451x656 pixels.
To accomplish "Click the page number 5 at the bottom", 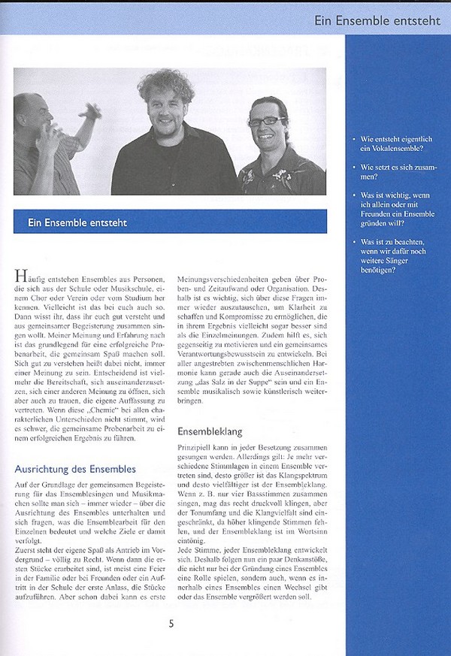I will [x=171, y=622].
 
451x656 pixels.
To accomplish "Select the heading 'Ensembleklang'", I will [x=209, y=432].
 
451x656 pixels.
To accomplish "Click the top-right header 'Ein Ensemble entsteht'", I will [x=378, y=20].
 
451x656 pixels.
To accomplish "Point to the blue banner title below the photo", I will [x=77, y=222].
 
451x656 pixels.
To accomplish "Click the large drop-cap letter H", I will [x=21, y=277].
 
